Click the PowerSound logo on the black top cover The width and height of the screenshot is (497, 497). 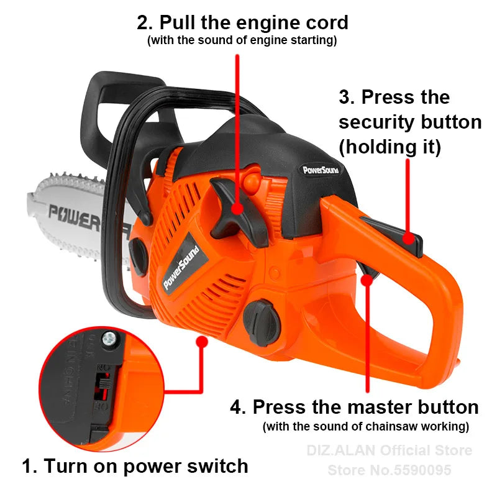click(321, 168)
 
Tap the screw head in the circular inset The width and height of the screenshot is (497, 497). click(110, 339)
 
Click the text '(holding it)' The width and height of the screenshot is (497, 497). click(390, 147)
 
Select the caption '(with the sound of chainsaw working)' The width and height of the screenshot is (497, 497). click(366, 427)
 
